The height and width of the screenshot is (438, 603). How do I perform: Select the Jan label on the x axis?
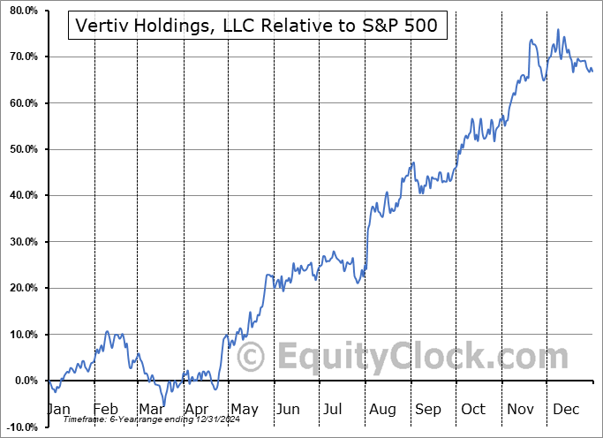pyautogui.click(x=58, y=410)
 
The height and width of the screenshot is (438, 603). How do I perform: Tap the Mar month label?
pyautogui.click(x=151, y=410)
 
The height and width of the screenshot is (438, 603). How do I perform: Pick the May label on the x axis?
pyautogui.click(x=244, y=410)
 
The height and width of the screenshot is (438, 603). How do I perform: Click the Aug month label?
pyautogui.click(x=383, y=410)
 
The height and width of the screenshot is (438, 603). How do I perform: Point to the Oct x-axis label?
pyautogui.click(x=474, y=410)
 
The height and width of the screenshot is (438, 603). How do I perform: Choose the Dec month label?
pyautogui.click(x=566, y=410)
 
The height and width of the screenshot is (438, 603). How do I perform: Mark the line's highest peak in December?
pyautogui.click(x=557, y=30)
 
